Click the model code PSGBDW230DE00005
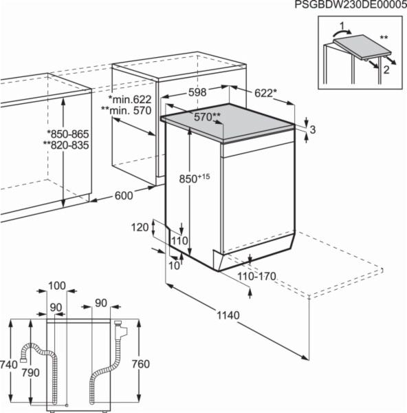pyautogui.click(x=351, y=5)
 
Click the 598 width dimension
pyautogui.click(x=197, y=92)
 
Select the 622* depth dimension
pyautogui.click(x=266, y=93)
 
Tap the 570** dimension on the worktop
pyautogui.click(x=208, y=117)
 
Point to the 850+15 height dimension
pyautogui.click(x=195, y=178)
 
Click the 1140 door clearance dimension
pyautogui.click(x=228, y=315)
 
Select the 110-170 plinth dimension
pyautogui.click(x=256, y=277)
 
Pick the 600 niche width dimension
pyautogui.click(x=124, y=195)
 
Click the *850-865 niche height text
pyautogui.click(x=68, y=134)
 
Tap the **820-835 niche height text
pyautogui.click(x=66, y=145)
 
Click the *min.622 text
pyautogui.click(x=130, y=99)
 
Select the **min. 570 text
pyautogui.click(x=126, y=110)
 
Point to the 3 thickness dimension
pyautogui.click(x=313, y=129)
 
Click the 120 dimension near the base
pyautogui.click(x=140, y=227)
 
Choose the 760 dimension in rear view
pyautogui.click(x=141, y=364)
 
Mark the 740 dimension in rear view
pyautogui.click(x=9, y=365)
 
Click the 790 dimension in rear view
pyautogui.click(x=30, y=372)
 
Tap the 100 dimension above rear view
pyautogui.click(x=57, y=286)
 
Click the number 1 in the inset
pyautogui.click(x=342, y=26)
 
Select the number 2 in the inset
pyautogui.click(x=386, y=70)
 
